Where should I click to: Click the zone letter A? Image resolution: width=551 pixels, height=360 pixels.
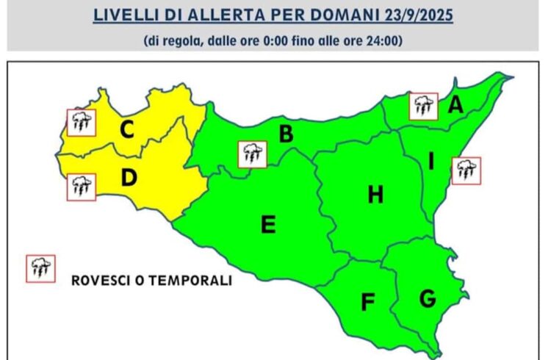456,106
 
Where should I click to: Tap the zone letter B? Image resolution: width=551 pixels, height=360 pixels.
286,134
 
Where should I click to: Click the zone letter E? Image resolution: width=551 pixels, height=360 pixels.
269,224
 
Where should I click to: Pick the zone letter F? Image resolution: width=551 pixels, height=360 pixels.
367,302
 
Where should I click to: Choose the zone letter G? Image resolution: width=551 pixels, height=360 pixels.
427,298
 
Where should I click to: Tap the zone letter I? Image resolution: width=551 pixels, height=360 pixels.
431,159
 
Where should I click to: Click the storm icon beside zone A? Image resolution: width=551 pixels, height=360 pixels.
423,107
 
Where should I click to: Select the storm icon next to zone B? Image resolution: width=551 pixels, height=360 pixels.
252,154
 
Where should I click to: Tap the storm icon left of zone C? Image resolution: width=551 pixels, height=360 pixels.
81,121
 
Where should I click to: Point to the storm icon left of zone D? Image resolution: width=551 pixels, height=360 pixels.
81,186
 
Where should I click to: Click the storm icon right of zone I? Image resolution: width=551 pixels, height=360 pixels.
465,170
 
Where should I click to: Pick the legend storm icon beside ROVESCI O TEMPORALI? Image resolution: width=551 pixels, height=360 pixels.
40,269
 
